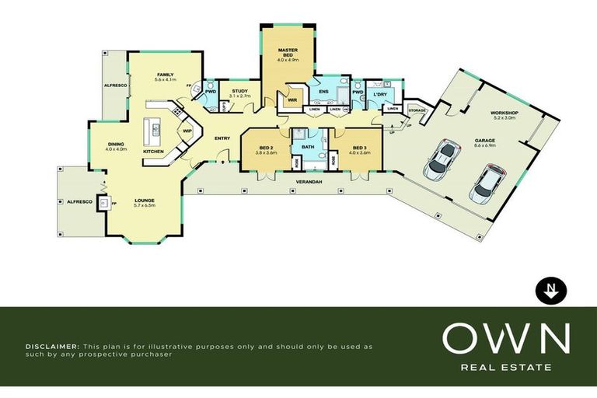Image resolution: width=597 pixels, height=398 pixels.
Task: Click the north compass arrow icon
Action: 552,291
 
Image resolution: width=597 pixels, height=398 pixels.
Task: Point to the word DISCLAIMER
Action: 51,345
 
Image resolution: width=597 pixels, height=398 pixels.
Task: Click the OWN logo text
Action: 506,339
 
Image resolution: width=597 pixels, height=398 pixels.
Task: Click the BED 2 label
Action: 266,148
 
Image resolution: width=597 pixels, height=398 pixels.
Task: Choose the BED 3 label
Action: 358,148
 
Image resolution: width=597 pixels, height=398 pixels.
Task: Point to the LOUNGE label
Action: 145,201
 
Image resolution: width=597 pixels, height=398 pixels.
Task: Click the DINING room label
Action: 116,145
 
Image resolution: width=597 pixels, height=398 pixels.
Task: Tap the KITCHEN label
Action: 153,152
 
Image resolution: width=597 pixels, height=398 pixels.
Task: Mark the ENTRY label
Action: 223,138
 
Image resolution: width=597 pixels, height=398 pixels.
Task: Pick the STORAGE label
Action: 417,111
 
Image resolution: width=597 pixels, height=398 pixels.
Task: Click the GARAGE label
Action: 485,141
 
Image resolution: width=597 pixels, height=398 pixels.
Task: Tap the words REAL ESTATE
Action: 506,367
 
